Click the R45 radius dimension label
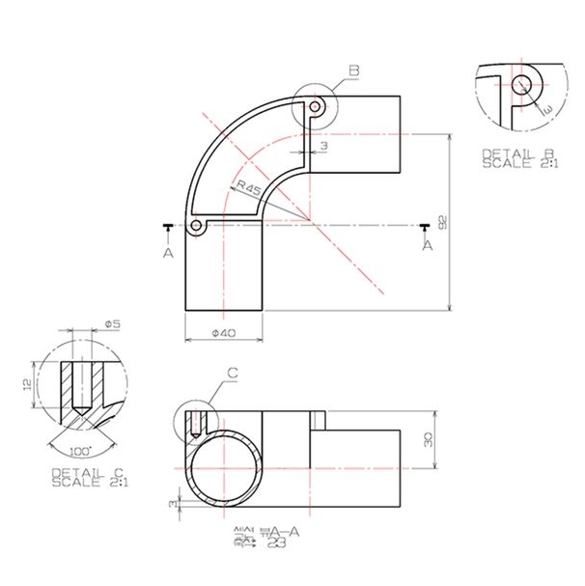(247, 187)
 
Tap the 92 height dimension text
(441, 222)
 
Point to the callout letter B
(353, 70)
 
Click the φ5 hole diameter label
(112, 324)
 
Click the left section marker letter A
(168, 252)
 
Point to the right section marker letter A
(426, 246)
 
